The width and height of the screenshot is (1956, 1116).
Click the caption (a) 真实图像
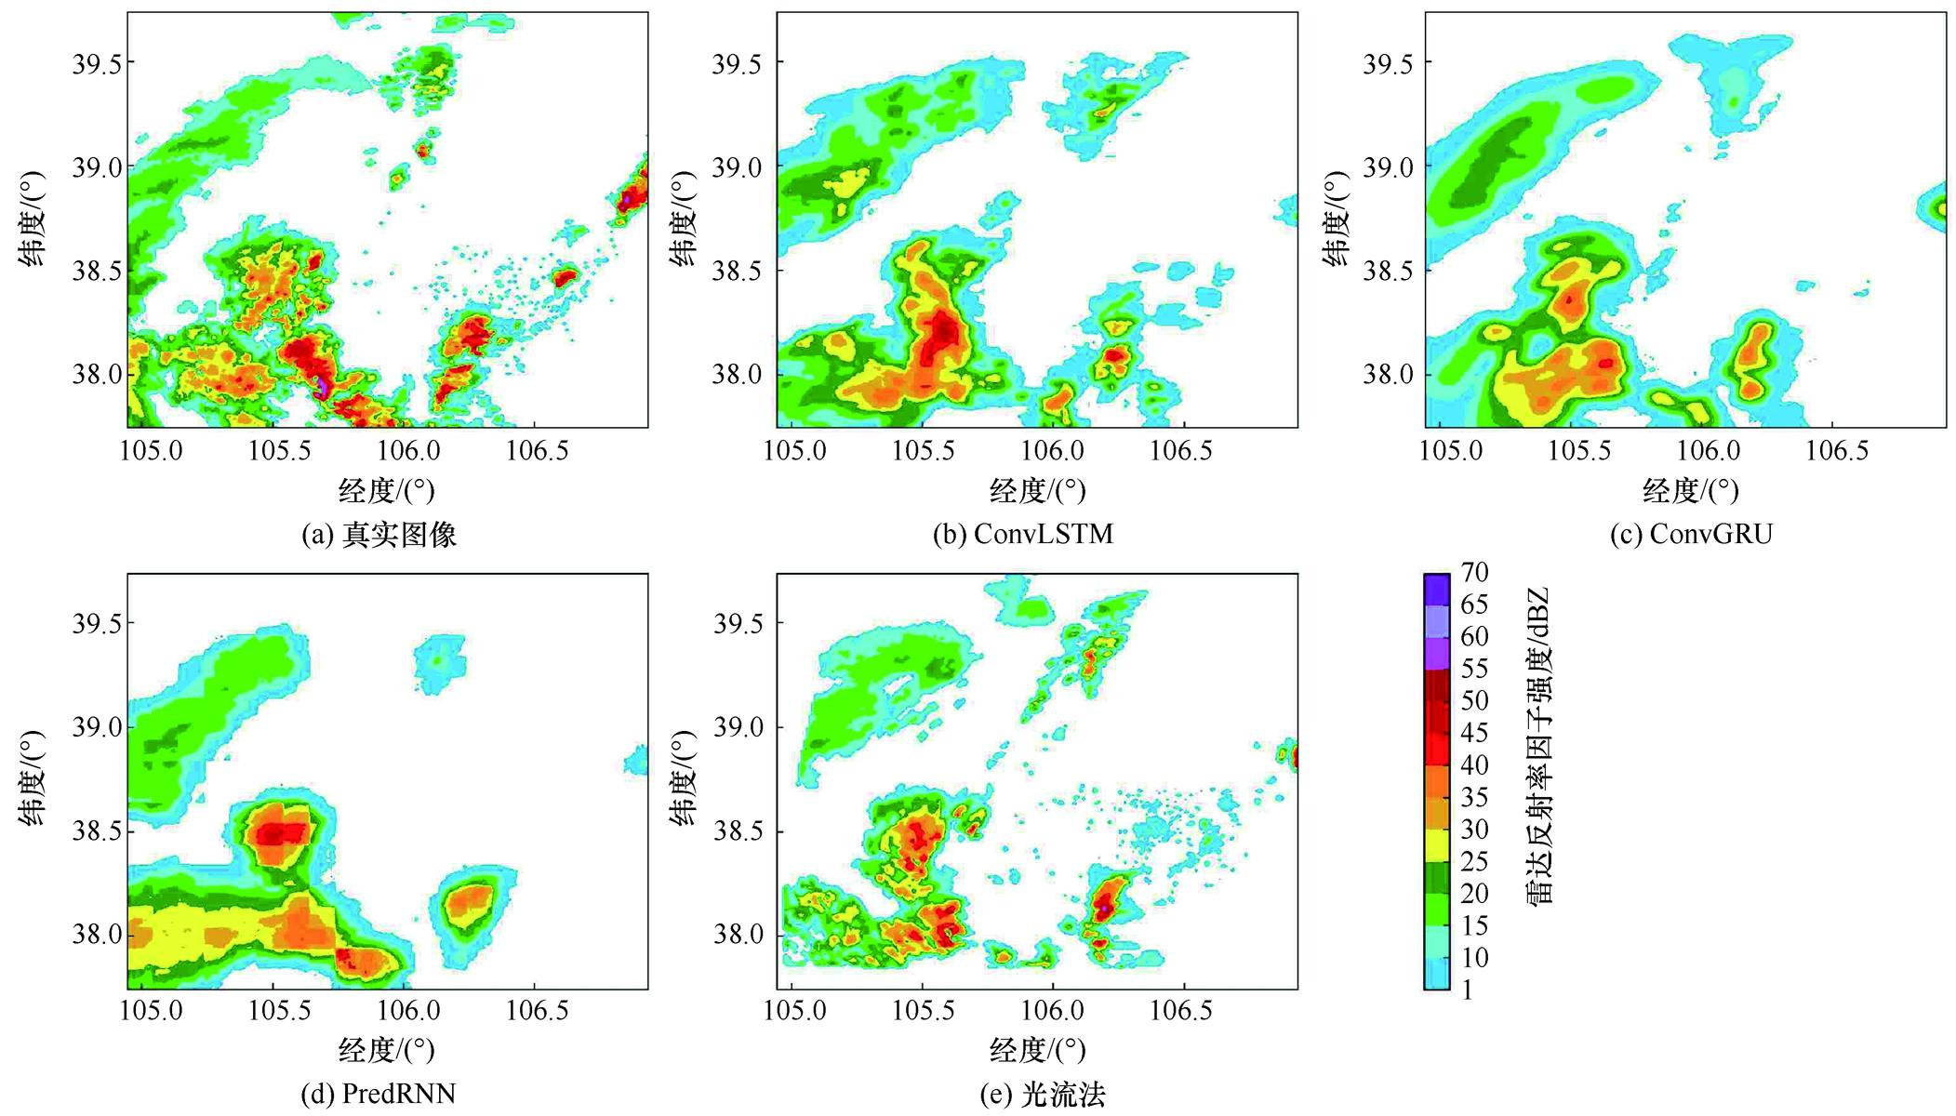click(x=379, y=535)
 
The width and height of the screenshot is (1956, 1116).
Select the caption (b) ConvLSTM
click(x=1023, y=535)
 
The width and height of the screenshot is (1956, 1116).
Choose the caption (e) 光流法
click(x=1043, y=1095)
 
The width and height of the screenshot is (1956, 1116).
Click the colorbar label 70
click(x=1474, y=572)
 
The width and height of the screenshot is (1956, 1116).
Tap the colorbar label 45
click(x=1474, y=733)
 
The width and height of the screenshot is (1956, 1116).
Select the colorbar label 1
click(x=1467, y=990)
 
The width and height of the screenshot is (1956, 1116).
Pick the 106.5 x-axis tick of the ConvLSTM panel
click(x=1182, y=452)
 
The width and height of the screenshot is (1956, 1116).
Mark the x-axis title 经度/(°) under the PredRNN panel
click(x=386, y=1050)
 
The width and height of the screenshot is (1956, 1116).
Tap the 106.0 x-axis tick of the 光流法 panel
click(x=1053, y=1011)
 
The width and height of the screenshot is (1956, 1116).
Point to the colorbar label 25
click(x=1474, y=861)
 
